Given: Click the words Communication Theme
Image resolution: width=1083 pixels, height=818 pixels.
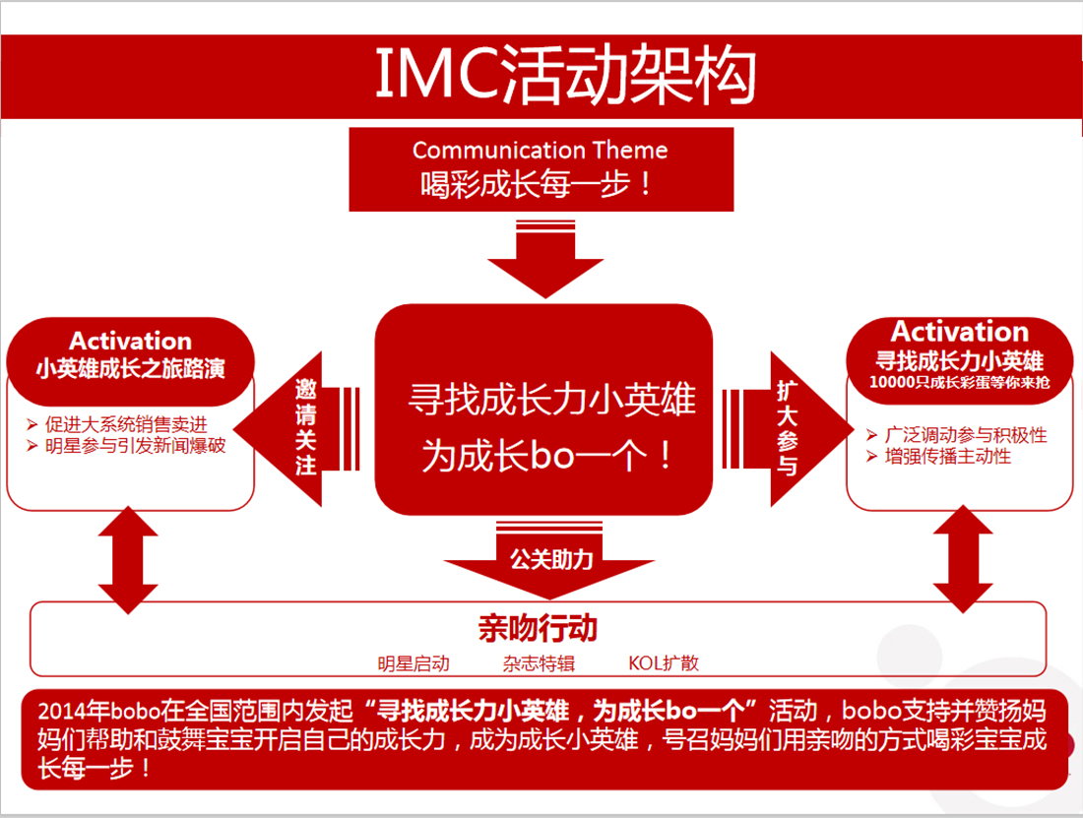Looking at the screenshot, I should (540, 151).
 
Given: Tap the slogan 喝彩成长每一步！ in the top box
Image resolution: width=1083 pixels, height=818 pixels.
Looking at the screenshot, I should (540, 183).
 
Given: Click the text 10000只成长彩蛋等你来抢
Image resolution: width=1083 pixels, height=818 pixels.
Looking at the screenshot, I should (959, 381).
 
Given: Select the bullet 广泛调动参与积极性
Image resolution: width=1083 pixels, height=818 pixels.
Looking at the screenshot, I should (965, 434).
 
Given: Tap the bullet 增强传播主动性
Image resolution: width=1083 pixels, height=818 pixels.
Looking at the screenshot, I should (947, 456).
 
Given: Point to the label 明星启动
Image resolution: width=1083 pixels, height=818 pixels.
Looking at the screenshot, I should (414, 663).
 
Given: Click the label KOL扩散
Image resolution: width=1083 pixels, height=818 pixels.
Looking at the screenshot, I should (664, 663).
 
